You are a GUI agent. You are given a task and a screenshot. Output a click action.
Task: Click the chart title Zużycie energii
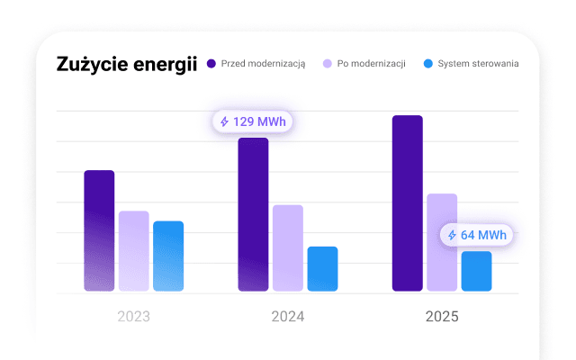click(126, 65)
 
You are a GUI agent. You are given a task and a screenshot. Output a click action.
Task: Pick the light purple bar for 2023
click(133, 251)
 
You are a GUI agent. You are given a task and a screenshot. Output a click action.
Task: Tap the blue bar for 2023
click(168, 256)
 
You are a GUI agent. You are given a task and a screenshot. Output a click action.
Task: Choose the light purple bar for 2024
click(288, 248)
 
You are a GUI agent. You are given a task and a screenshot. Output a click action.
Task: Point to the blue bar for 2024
click(322, 269)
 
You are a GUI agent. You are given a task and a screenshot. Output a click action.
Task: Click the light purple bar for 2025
click(442, 242)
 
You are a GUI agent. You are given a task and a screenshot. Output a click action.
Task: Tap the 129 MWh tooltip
click(254, 121)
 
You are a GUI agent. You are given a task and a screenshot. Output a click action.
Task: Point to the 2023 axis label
click(133, 317)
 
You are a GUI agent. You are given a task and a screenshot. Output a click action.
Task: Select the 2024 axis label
click(288, 317)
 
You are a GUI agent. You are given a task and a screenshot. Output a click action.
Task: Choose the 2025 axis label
click(442, 317)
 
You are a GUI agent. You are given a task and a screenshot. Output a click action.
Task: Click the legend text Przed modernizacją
click(263, 64)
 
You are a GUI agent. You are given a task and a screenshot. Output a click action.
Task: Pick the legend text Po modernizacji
click(371, 64)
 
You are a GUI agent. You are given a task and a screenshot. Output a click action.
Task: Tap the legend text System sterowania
click(478, 64)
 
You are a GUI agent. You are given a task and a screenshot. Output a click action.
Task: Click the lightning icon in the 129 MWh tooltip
click(225, 121)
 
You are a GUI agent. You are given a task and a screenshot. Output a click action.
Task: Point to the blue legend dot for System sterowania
click(429, 64)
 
